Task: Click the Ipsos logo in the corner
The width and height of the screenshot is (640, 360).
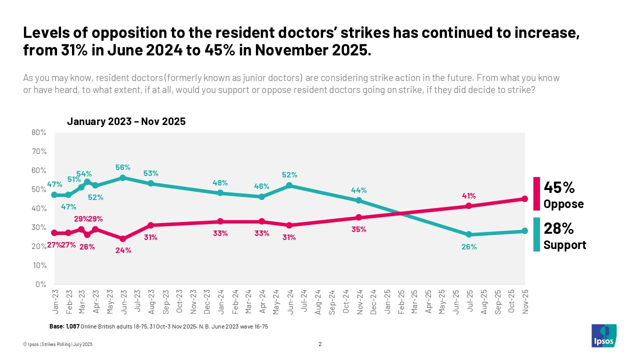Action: pyautogui.click(x=604, y=335)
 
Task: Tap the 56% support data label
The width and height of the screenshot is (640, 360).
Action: pyautogui.click(x=123, y=167)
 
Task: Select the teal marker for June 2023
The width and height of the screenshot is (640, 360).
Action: pyautogui.click(x=123, y=177)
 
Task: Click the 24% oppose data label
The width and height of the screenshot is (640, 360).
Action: pyautogui.click(x=123, y=250)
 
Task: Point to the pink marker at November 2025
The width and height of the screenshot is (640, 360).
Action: pyautogui.click(x=524, y=198)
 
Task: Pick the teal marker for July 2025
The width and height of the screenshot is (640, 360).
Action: pyautogui.click(x=468, y=234)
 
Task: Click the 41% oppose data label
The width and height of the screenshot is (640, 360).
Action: pyautogui.click(x=468, y=195)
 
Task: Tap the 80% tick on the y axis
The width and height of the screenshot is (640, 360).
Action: pyautogui.click(x=39, y=132)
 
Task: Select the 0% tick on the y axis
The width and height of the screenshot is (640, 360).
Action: pyautogui.click(x=40, y=284)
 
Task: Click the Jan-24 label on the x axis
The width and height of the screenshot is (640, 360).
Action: pyautogui.click(x=220, y=301)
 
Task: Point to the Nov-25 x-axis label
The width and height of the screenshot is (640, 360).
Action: pyautogui.click(x=524, y=301)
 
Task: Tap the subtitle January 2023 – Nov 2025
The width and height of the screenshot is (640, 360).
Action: pyautogui.click(x=126, y=121)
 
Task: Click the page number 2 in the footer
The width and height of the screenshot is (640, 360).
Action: pyautogui.click(x=320, y=344)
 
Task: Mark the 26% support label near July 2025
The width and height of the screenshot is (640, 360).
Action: pyautogui.click(x=468, y=246)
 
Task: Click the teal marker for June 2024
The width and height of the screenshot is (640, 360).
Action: pyautogui.click(x=289, y=185)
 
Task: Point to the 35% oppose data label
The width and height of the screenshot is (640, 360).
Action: pyautogui.click(x=359, y=229)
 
